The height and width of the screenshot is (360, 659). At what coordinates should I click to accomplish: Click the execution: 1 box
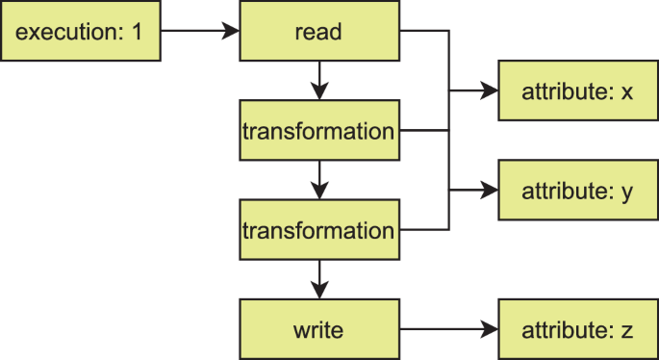tap(80, 31)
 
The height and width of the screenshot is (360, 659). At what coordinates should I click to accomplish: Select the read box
tap(319, 31)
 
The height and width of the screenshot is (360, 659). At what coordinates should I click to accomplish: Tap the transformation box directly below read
tap(319, 131)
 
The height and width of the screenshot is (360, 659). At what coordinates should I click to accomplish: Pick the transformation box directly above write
tap(319, 231)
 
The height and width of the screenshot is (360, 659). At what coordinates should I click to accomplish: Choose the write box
tap(319, 330)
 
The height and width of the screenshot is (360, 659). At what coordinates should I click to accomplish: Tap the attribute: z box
tap(577, 330)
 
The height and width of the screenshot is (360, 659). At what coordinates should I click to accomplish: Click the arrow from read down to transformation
tap(319, 81)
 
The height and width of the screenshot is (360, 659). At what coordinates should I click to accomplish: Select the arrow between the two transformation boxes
tap(319, 181)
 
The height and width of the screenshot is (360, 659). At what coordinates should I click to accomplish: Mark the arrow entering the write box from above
tap(319, 280)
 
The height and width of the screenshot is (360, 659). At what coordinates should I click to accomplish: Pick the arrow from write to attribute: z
tap(448, 330)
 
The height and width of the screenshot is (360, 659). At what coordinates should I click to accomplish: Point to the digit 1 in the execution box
tap(137, 32)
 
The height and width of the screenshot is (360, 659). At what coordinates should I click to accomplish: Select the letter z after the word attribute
tap(627, 331)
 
